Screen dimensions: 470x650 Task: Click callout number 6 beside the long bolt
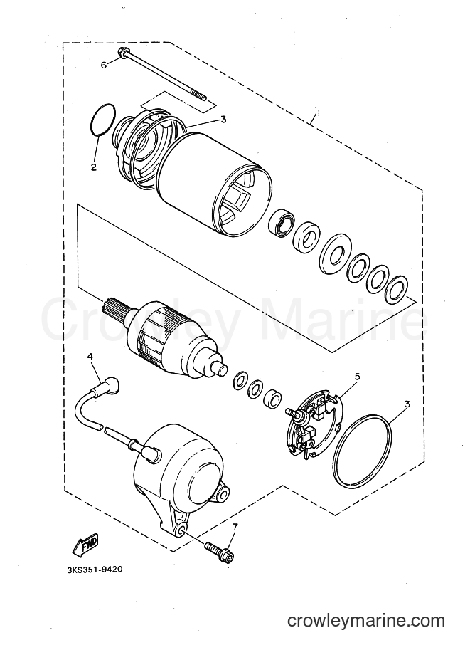(104, 65)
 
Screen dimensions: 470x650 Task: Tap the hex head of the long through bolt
(123, 53)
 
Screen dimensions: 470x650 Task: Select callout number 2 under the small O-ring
(94, 167)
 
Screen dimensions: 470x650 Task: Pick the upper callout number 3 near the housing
(223, 120)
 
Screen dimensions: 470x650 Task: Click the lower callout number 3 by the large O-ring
(407, 404)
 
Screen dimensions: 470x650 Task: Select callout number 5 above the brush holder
(357, 377)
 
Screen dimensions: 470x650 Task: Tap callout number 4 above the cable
(89, 357)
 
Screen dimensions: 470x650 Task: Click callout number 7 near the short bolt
(235, 528)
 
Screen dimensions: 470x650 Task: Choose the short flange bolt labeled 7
(220, 550)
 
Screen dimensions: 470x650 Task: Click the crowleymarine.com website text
(366, 621)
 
